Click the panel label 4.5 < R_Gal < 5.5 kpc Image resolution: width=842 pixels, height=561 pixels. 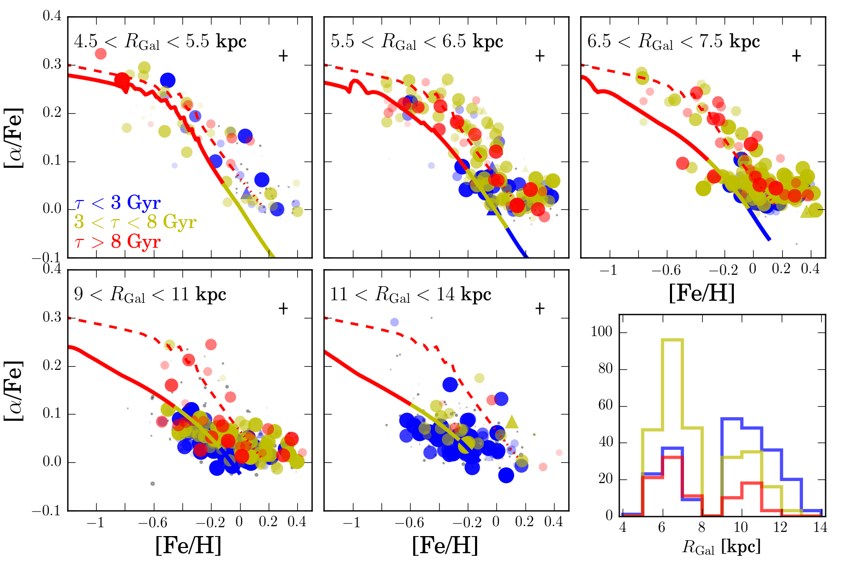(x=160, y=42)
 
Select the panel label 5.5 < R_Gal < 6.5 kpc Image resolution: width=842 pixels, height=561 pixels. (x=417, y=42)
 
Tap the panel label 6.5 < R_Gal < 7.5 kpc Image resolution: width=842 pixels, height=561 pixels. (x=674, y=42)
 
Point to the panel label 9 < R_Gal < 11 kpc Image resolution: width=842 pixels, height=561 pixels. (x=150, y=295)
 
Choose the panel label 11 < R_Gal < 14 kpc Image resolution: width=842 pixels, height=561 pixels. (x=411, y=295)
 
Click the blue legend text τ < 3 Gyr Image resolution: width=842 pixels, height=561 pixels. (x=117, y=202)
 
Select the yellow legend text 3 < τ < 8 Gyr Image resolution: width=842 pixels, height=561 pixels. (x=135, y=222)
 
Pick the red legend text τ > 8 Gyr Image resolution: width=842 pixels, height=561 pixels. (x=117, y=242)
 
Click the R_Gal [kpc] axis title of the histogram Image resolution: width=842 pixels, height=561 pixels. (x=721, y=546)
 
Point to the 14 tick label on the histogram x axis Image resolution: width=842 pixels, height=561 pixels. (x=820, y=528)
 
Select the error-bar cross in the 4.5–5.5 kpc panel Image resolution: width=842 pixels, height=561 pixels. (x=283, y=56)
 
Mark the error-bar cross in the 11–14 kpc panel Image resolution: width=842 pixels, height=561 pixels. (x=540, y=309)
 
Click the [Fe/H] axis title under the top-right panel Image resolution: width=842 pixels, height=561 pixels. (x=702, y=293)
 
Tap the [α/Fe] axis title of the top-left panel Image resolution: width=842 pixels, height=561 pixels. (x=14, y=137)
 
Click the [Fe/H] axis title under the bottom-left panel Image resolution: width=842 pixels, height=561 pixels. (x=188, y=545)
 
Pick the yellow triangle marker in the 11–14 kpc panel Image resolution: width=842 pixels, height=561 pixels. (x=512, y=422)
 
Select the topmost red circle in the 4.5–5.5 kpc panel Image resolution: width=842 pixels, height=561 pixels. (x=101, y=54)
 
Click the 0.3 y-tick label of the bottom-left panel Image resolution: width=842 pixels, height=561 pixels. (x=52, y=317)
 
